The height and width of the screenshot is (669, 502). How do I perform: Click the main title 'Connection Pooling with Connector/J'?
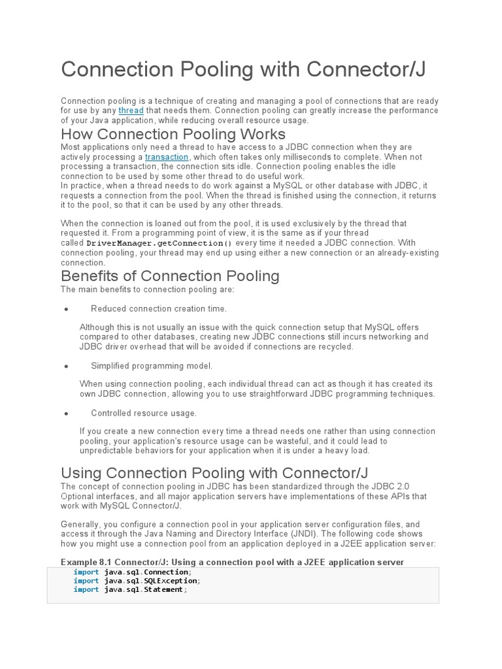243,70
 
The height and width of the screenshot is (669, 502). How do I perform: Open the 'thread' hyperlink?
130,111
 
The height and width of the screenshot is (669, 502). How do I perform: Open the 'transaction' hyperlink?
167,157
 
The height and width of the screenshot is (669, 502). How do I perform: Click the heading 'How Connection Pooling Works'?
173,135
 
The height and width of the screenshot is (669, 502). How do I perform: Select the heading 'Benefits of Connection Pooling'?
170,276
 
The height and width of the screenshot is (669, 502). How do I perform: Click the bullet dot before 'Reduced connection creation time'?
66,309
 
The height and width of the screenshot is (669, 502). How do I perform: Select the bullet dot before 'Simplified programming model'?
66,367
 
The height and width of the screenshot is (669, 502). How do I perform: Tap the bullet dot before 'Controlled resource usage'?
66,414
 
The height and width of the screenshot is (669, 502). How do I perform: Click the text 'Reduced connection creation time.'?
159,309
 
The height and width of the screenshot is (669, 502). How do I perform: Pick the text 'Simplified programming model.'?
152,366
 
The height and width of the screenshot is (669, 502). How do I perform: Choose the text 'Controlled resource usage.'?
144,413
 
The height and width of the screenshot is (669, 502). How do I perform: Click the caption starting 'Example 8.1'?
232,562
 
